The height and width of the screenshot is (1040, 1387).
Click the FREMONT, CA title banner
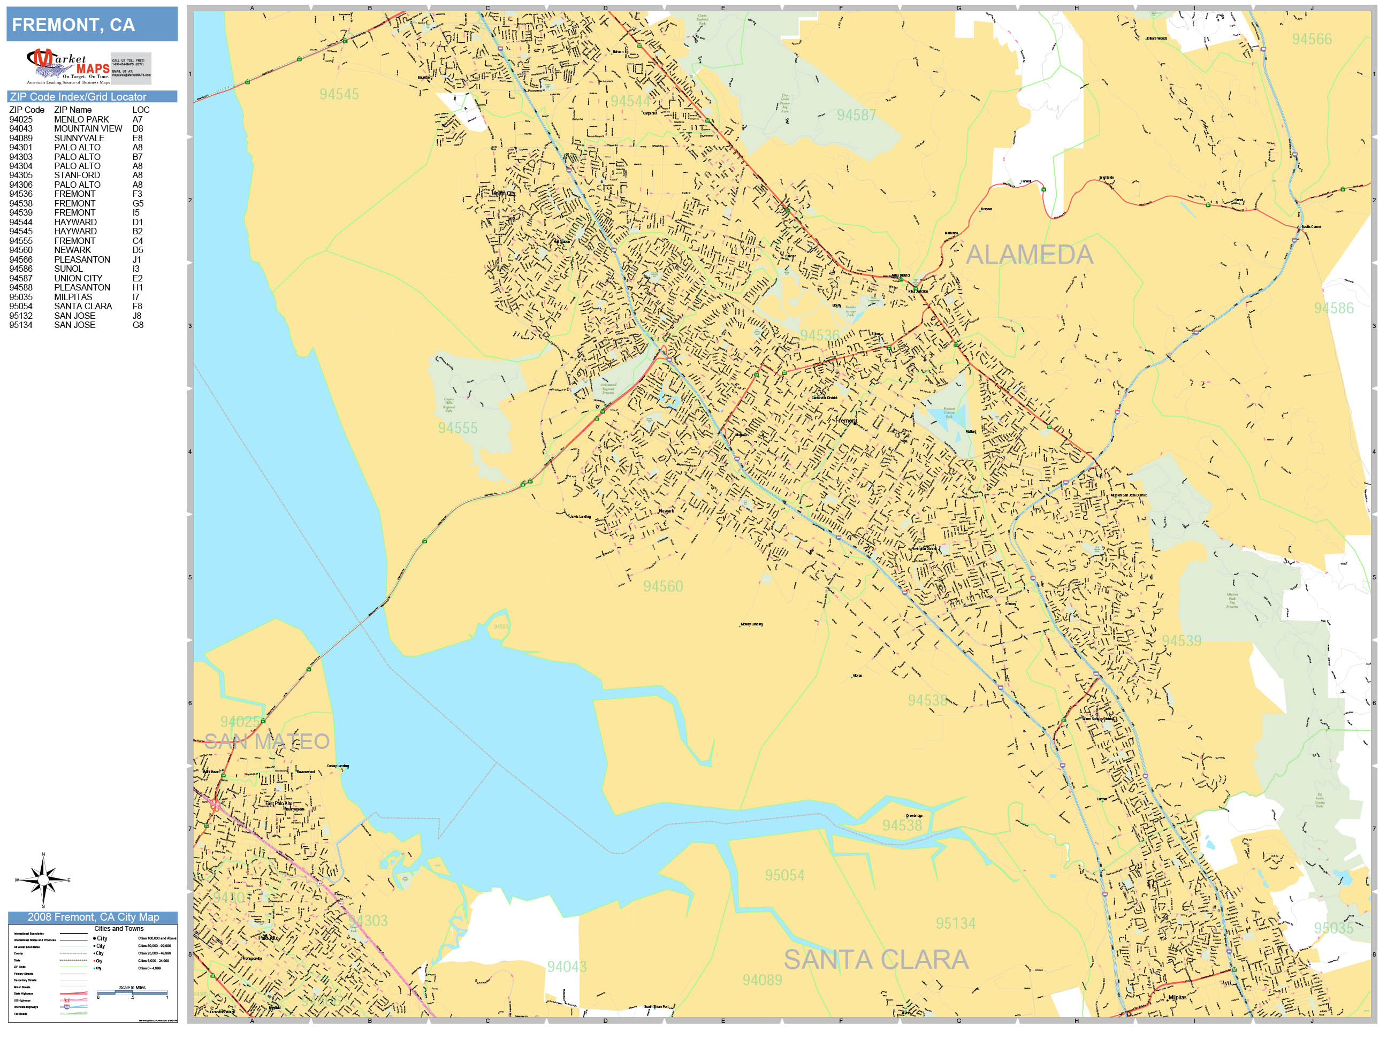(92, 25)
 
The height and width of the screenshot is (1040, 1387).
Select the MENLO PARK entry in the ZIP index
(81, 119)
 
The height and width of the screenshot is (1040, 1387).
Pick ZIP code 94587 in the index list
(21, 278)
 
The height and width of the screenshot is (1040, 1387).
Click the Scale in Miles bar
(132, 993)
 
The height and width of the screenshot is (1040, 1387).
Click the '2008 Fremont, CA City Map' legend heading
(93, 917)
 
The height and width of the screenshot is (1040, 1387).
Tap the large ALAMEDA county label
(1029, 255)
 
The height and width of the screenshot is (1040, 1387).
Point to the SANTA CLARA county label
(876, 960)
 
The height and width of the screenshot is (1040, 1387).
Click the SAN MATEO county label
(266, 741)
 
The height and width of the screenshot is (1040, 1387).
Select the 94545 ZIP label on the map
(339, 94)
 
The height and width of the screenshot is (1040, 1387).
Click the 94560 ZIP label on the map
(663, 586)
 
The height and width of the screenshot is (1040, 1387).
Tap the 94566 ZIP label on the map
(1312, 39)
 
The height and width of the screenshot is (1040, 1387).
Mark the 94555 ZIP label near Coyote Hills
(458, 428)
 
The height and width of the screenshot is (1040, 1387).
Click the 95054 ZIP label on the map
(784, 875)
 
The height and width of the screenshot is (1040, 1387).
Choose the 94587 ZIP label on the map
(856, 114)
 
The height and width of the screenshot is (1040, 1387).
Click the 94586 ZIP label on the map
(1333, 308)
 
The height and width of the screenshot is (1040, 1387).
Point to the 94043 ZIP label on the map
(567, 967)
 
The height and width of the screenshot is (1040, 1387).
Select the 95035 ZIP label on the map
(1333, 928)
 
